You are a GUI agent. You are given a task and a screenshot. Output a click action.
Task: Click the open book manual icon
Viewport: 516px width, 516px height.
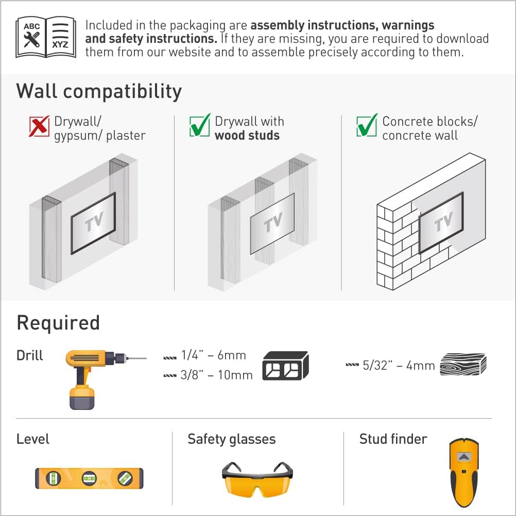(x=46, y=37)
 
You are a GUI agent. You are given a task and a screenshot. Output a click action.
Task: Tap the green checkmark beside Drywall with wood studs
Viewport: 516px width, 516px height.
(x=200, y=126)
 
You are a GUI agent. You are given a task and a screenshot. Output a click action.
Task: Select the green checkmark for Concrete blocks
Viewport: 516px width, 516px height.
(x=367, y=126)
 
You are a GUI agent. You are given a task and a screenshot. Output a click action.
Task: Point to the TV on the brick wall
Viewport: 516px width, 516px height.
(x=441, y=222)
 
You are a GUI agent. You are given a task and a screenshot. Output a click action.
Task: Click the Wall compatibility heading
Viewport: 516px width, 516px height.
(x=99, y=91)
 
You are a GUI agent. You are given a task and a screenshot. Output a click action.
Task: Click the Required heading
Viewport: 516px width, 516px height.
(x=58, y=323)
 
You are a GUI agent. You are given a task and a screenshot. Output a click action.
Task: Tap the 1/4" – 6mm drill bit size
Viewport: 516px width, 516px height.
(x=213, y=355)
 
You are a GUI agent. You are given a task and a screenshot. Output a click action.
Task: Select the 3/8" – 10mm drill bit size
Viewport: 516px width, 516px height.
(x=217, y=375)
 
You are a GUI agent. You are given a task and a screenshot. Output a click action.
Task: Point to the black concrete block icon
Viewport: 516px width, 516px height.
(x=285, y=366)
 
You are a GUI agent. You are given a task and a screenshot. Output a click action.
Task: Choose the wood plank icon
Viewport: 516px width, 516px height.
(x=463, y=365)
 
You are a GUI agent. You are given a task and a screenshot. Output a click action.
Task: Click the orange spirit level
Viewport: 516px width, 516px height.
(x=89, y=478)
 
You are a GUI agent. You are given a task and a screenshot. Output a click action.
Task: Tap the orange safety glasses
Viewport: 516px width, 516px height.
(x=257, y=478)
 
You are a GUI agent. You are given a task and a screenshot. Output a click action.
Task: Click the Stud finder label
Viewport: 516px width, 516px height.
(x=393, y=439)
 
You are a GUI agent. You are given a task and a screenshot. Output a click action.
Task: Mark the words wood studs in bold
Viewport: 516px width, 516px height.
(x=247, y=136)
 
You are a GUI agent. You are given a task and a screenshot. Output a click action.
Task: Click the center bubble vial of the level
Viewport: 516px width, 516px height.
(x=89, y=478)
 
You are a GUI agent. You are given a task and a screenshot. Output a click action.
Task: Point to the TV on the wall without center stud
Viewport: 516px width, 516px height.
(x=93, y=223)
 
